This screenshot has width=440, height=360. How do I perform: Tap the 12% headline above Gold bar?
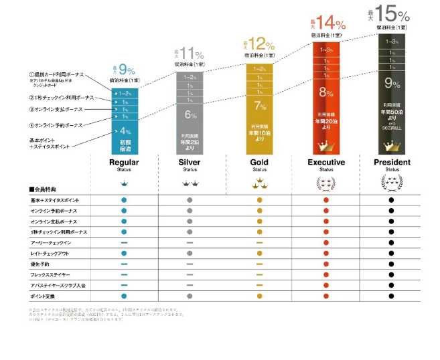click(261, 46)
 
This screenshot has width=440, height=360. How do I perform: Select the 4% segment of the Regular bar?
click(125, 131)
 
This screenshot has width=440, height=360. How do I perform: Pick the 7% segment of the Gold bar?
click(260, 105)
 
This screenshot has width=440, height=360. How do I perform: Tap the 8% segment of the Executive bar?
click(326, 93)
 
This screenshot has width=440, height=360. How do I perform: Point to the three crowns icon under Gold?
click(259, 183)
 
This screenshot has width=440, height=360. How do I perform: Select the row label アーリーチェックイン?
click(51, 242)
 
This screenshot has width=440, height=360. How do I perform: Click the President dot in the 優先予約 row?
click(392, 264)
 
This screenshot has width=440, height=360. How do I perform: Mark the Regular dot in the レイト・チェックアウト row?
click(124, 253)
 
